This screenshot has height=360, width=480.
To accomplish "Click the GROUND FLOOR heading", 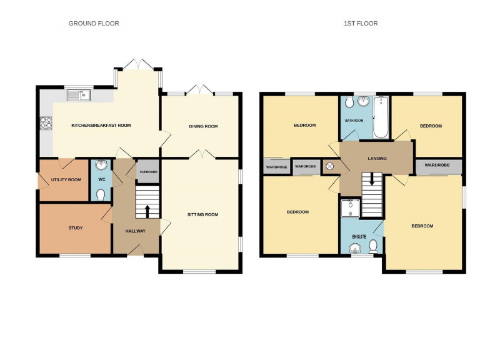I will pos(94,24).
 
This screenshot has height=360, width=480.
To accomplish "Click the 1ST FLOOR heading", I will pos(361,24).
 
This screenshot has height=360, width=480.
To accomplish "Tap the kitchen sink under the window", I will pos(79,96).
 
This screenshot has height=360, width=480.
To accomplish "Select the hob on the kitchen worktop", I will pos(46,123).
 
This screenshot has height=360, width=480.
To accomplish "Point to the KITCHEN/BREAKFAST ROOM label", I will pos(101,126).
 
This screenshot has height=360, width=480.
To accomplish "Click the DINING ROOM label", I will pos(203,126).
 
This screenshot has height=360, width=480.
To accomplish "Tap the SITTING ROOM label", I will pos(202,214).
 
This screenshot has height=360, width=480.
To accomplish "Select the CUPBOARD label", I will pos(148,171).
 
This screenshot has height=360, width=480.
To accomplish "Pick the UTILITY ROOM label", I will pos(66,179).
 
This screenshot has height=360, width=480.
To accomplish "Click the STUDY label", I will pos(76,227).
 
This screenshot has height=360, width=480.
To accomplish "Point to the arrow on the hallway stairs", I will pos(147,211).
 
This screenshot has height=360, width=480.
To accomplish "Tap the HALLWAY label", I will pos(135,231).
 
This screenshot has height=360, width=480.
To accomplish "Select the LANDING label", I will pos(377,159).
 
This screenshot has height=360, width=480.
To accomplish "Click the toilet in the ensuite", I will pos(373,246).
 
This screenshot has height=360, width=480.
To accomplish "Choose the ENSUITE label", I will pos(359,237).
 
